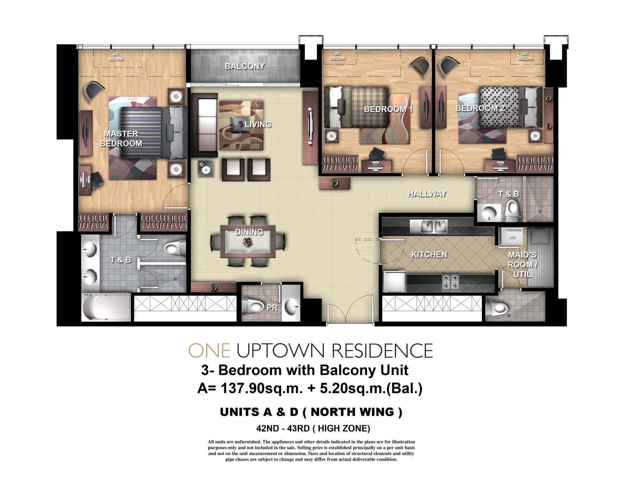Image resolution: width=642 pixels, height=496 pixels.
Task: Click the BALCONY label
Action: [x=245, y=66]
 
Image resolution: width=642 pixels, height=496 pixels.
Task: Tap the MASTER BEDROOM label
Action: [x=121, y=138]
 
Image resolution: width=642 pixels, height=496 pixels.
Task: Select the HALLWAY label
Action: [x=427, y=194]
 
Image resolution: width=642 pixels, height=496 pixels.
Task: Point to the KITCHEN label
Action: [x=429, y=254]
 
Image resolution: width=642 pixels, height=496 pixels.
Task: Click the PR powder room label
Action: [x=272, y=308]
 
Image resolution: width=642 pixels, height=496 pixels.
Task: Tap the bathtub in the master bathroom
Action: [x=106, y=307]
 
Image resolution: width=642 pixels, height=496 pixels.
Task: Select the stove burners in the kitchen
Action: [x=451, y=283]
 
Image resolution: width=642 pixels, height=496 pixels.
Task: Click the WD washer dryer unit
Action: [x=512, y=237]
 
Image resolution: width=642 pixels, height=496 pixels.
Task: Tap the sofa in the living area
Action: [x=205, y=125]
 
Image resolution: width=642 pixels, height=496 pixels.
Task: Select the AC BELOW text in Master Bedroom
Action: [x=116, y=57]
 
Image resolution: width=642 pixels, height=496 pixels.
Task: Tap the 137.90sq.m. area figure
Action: [x=262, y=389]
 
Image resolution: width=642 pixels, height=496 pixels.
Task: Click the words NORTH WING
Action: [x=352, y=412]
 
